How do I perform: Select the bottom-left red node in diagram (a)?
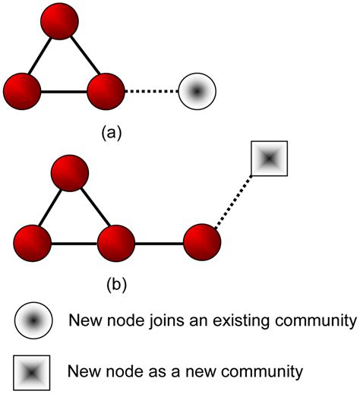[x=22, y=92]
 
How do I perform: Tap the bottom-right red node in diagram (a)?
[x=106, y=92]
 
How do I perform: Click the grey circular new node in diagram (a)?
[x=197, y=92]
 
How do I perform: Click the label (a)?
[x=111, y=132]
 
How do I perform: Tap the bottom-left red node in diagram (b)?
[x=31, y=244]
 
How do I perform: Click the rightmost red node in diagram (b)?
[x=202, y=244]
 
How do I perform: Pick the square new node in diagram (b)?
[x=268, y=159]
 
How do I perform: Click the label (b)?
[x=115, y=285]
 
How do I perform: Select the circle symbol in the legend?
[x=33, y=321]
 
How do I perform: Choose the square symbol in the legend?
[x=33, y=372]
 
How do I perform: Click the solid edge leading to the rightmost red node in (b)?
[x=159, y=244]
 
